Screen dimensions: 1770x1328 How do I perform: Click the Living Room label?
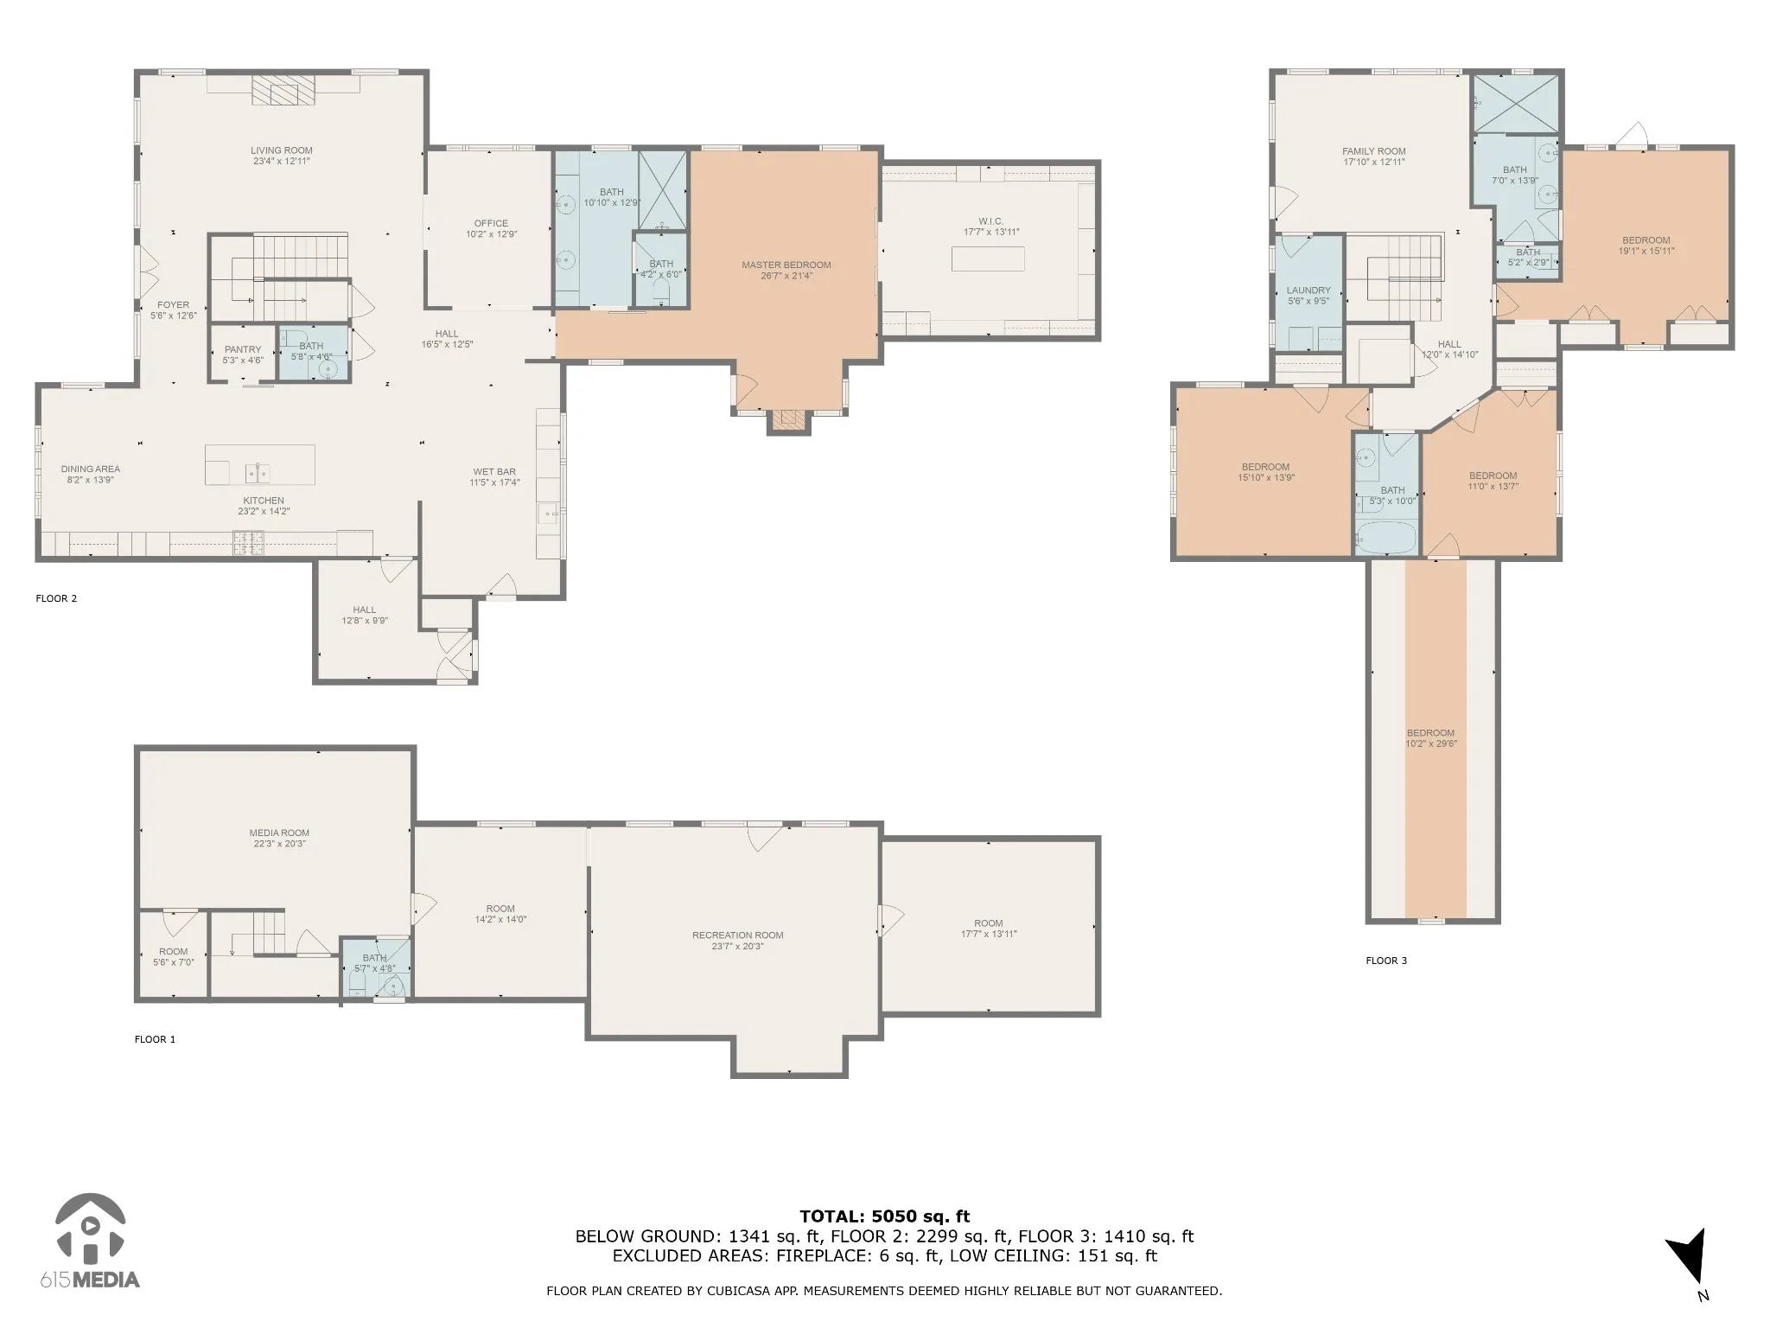(282, 156)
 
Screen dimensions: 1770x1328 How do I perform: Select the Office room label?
(491, 228)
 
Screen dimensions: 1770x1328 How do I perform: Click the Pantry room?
(243, 354)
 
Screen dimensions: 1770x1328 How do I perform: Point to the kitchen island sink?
(258, 473)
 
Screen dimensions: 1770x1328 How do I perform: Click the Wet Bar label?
(494, 477)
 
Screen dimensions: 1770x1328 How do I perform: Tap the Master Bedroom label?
(786, 270)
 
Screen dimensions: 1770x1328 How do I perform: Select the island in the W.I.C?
(989, 259)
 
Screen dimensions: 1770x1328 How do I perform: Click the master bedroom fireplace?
(788, 421)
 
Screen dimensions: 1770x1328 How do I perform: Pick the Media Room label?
(279, 838)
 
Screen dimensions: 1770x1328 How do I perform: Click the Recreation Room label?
(738, 940)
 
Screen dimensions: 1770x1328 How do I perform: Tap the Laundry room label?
(1308, 296)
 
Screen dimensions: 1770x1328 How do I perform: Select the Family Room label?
(1374, 156)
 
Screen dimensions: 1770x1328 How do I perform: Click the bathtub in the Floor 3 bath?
(1386, 537)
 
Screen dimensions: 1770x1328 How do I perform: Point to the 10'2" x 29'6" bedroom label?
(1430, 737)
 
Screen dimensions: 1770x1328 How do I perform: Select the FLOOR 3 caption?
(1386, 960)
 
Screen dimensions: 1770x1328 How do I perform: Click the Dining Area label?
(90, 474)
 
